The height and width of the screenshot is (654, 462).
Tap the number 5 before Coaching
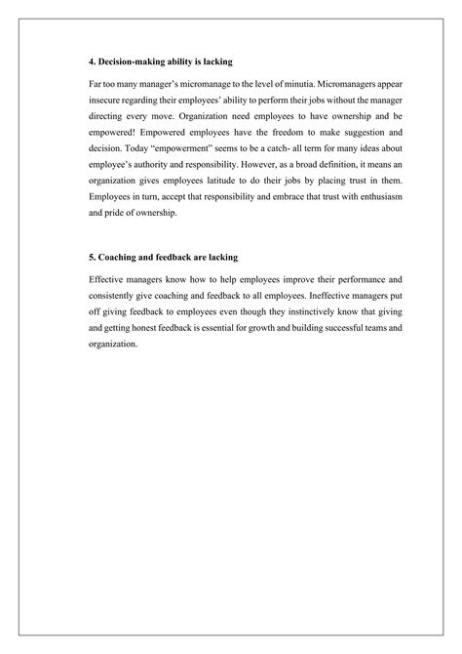(x=89, y=256)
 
